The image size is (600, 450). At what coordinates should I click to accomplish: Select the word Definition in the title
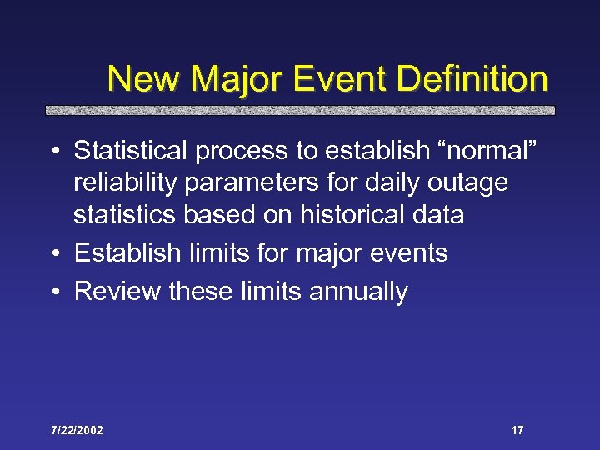pyautogui.click(x=472, y=80)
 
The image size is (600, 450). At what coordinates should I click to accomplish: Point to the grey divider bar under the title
pyautogui.click(x=299, y=110)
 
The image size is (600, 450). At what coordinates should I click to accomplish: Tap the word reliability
pyautogui.click(x=120, y=182)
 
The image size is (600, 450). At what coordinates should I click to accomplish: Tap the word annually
pyautogui.click(x=360, y=292)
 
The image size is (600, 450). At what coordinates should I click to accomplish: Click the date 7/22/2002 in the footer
pyautogui.click(x=77, y=430)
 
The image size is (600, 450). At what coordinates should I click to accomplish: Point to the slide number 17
pyautogui.click(x=517, y=430)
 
